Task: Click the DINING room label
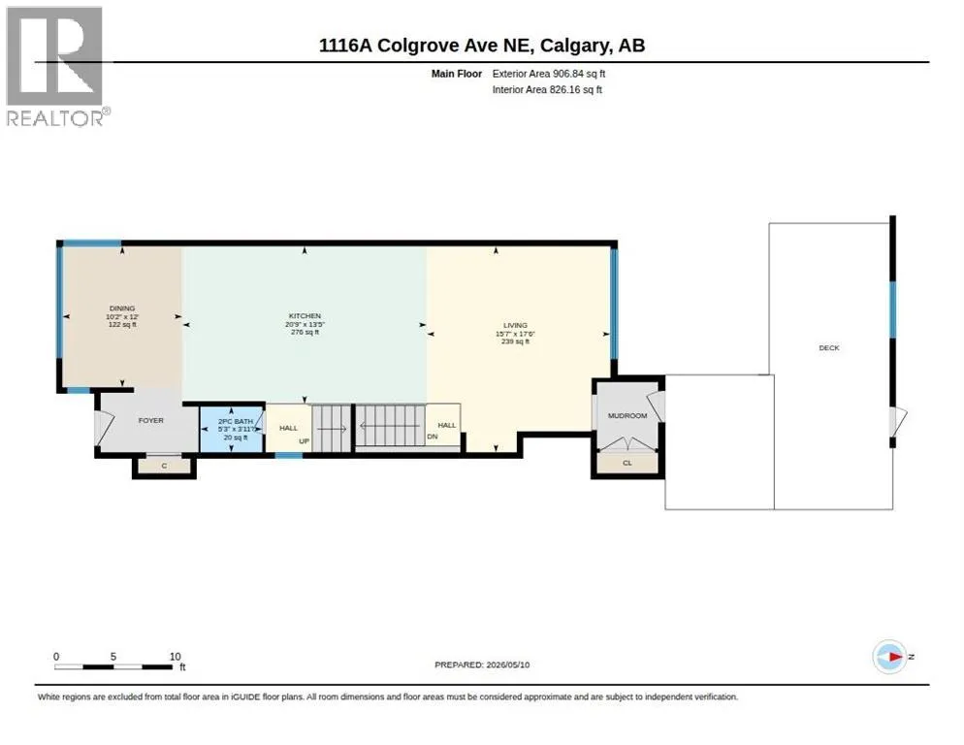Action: [122, 308]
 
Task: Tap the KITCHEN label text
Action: [305, 315]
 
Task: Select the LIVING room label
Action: [515, 325]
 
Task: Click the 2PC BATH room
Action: [232, 428]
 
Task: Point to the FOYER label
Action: [150, 420]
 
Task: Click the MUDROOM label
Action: [627, 415]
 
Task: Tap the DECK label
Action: [829, 347]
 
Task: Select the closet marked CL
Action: [627, 463]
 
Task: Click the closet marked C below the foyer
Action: [164, 466]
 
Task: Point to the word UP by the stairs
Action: [304, 441]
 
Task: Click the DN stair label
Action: [433, 437]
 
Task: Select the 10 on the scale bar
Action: [176, 657]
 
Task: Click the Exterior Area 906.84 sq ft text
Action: [548, 74]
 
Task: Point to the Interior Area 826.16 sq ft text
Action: [547, 90]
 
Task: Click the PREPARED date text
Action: [482, 664]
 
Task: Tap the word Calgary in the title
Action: [575, 46]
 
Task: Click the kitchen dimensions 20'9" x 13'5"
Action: [305, 324]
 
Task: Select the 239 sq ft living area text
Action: [515, 341]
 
